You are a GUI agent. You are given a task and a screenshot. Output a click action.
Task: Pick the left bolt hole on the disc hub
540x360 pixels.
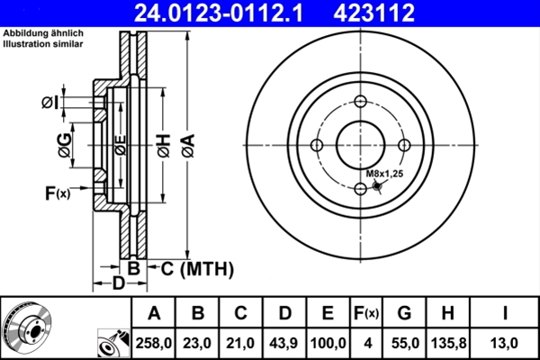317,145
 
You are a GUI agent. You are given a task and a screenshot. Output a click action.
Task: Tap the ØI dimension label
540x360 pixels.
50,103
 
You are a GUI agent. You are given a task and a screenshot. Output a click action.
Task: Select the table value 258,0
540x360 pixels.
154,342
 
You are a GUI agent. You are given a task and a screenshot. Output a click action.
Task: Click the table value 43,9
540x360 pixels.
284,342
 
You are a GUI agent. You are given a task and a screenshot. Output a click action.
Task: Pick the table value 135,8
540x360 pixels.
447,342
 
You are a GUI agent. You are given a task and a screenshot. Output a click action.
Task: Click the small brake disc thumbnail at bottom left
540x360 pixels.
29,328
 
